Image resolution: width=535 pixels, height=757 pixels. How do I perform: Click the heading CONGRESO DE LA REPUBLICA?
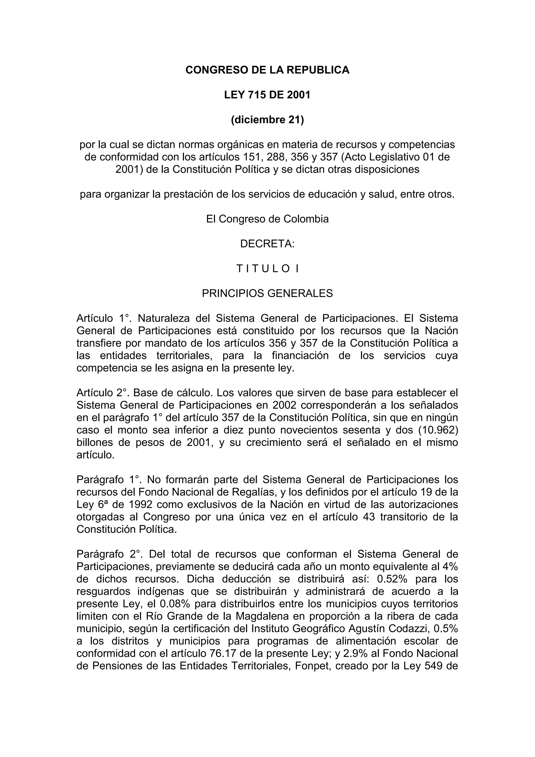(267, 70)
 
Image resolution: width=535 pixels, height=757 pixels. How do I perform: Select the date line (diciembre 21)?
(267, 120)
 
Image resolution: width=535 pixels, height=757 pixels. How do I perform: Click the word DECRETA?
(267, 244)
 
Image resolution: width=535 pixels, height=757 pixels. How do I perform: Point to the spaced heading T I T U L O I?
(267, 269)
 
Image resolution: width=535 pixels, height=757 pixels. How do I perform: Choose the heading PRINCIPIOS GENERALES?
(267, 294)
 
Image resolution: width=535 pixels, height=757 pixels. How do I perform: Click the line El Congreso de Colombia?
(267, 219)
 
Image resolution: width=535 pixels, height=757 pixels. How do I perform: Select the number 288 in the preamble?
(276, 157)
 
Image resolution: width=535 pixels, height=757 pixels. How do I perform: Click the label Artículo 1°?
(103, 318)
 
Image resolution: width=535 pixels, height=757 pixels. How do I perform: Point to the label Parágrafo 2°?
(109, 554)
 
